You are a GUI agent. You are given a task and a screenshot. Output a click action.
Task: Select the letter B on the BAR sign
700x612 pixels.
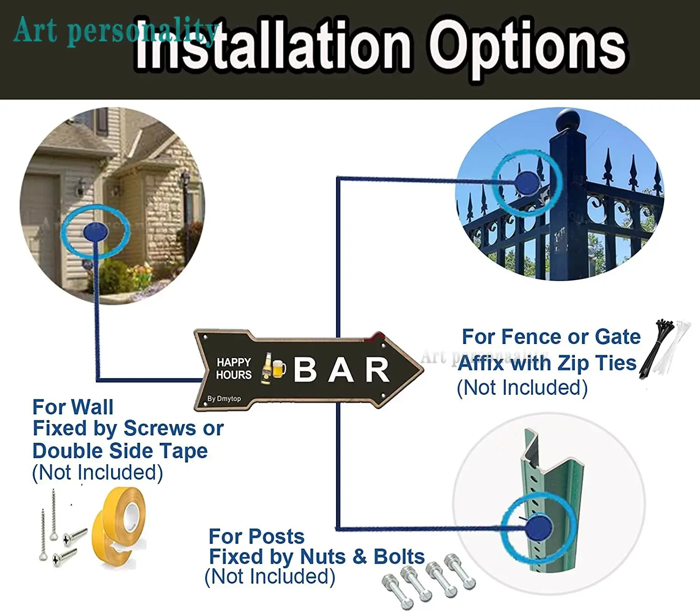305,369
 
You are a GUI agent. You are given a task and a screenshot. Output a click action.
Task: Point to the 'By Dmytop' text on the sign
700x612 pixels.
224,399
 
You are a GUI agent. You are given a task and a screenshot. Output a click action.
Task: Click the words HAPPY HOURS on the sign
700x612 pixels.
234,368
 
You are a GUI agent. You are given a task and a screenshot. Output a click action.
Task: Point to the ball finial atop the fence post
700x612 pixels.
568,120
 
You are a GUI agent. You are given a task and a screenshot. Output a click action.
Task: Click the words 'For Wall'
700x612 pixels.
73,407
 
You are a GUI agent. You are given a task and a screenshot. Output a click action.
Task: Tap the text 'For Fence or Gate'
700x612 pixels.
551,337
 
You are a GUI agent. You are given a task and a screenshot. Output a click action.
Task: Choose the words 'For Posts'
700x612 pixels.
257,536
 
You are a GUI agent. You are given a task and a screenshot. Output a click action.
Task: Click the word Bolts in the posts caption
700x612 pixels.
399,557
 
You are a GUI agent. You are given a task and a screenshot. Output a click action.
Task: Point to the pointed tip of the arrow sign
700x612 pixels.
423,369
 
